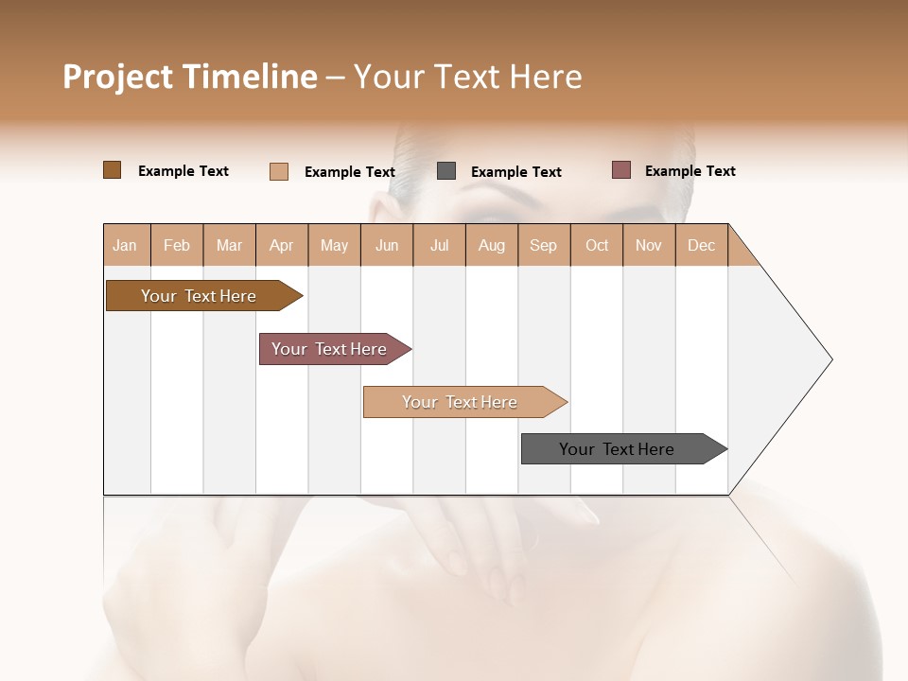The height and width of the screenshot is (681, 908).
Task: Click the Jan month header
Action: click(126, 245)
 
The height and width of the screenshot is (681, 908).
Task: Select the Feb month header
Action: click(177, 245)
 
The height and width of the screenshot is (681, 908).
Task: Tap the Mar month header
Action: click(229, 245)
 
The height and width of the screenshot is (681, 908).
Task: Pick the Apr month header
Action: click(282, 245)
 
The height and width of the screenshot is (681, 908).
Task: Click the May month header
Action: click(334, 245)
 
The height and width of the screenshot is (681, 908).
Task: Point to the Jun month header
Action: click(387, 245)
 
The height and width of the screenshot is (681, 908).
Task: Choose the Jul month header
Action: click(439, 245)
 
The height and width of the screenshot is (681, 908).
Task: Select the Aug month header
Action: click(492, 245)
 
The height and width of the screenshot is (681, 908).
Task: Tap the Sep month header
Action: click(544, 245)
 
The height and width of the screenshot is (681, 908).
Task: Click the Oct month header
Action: click(597, 245)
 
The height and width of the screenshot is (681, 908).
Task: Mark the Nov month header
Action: click(649, 245)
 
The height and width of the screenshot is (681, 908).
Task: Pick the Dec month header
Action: click(702, 245)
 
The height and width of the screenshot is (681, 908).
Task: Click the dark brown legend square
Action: click(113, 170)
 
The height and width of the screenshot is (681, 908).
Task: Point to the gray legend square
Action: click(446, 171)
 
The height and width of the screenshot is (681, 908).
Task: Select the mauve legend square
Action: click(620, 170)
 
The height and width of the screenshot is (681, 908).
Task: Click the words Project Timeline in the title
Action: click(189, 77)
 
